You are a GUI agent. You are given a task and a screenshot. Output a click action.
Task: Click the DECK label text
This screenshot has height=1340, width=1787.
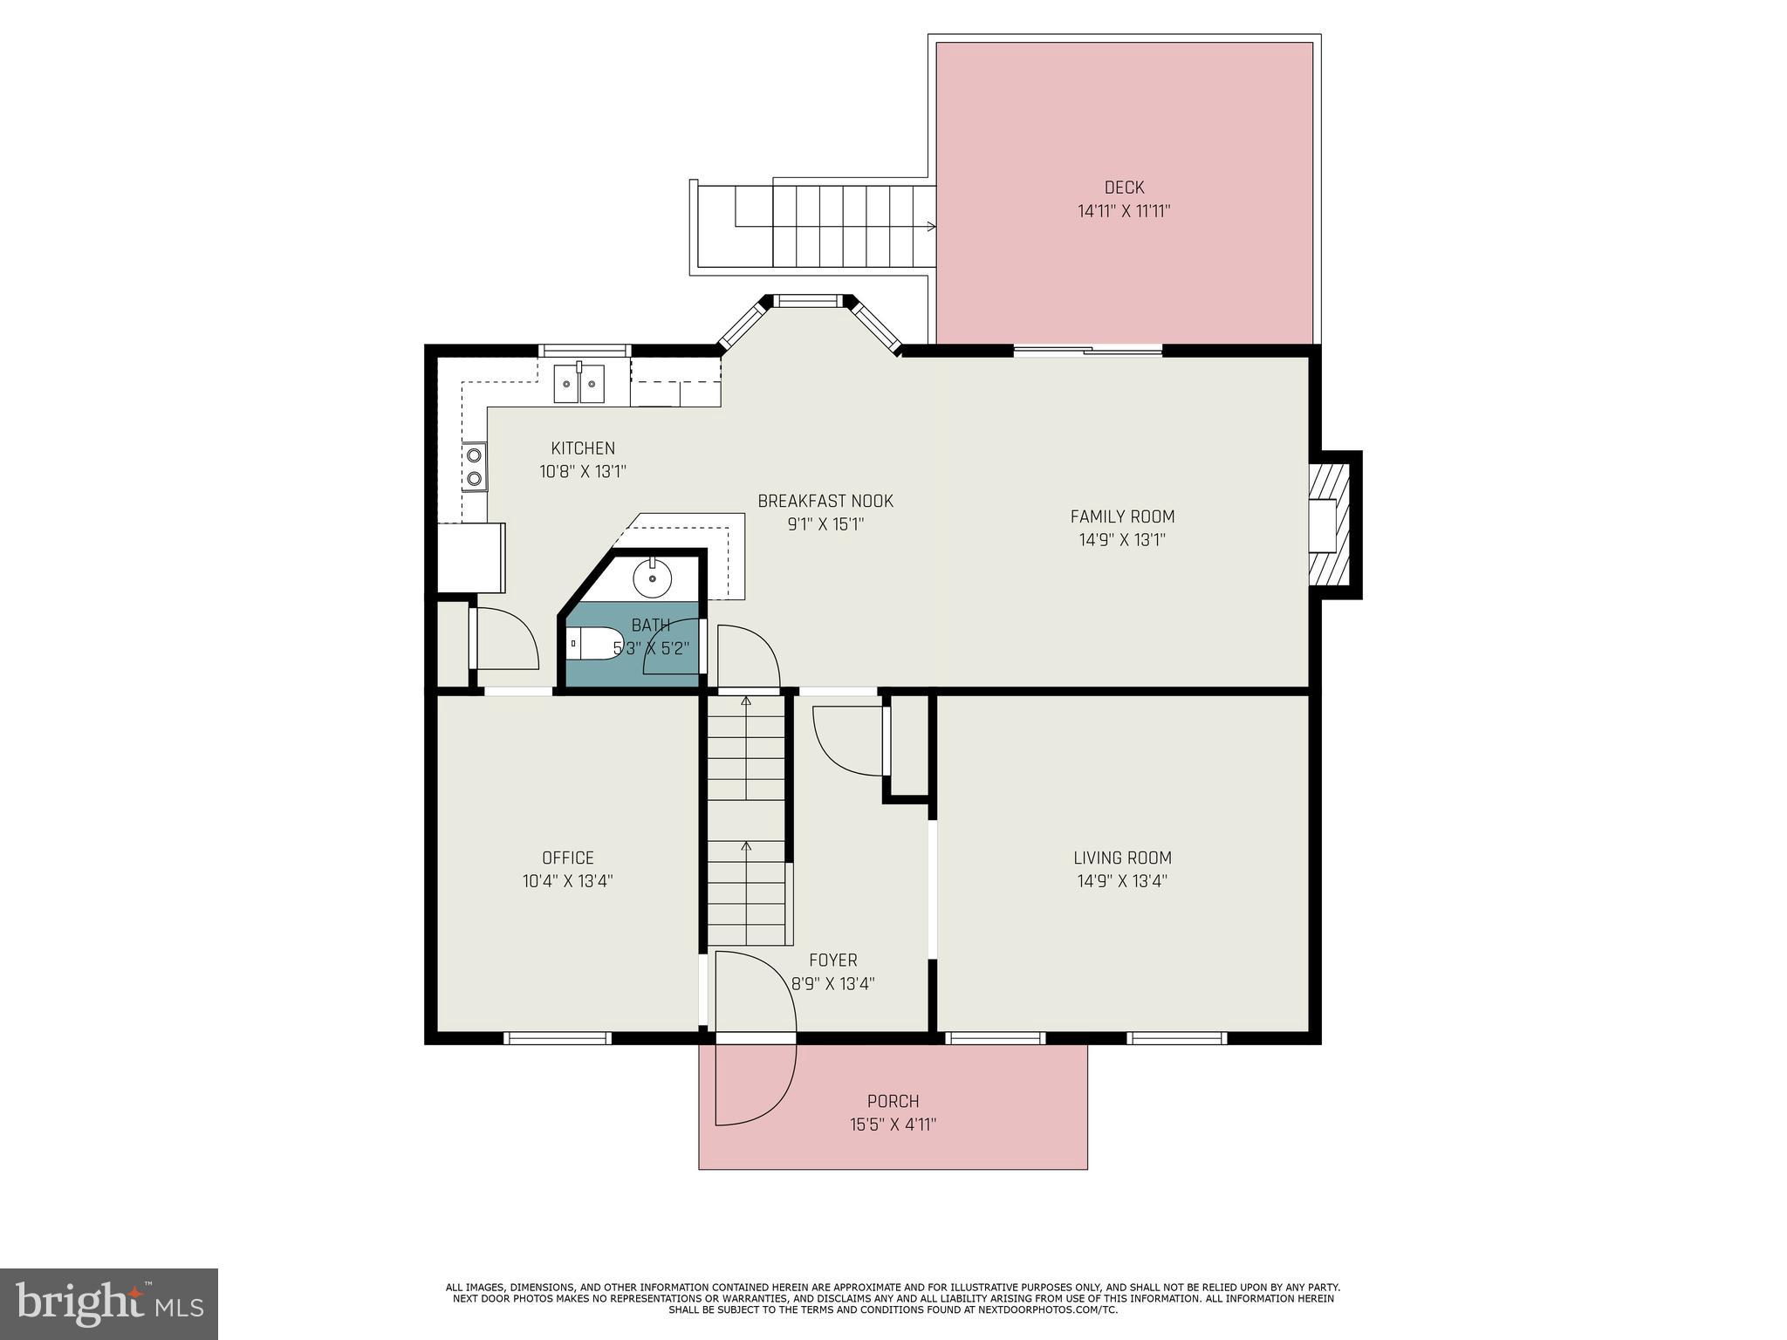(1124, 188)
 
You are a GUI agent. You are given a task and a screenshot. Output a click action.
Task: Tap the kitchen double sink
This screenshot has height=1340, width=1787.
(579, 384)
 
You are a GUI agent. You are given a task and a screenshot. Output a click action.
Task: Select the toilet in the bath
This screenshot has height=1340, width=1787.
(593, 645)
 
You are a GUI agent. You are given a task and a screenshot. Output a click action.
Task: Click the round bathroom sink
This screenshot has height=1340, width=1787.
(652, 577)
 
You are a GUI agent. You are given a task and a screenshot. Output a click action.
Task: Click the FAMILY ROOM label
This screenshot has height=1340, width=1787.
(1122, 516)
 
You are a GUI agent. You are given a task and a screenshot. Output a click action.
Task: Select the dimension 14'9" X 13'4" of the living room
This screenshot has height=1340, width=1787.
(1122, 881)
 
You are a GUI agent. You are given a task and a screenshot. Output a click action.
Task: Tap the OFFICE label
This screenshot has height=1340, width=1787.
(568, 858)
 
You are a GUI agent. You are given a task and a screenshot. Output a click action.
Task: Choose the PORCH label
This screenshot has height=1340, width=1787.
(893, 1101)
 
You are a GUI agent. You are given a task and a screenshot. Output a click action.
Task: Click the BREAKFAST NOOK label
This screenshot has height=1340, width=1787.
(825, 502)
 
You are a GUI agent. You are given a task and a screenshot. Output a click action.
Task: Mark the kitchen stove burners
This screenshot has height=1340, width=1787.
(475, 466)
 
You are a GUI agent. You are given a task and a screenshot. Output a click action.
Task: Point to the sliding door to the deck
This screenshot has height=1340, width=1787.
(1087, 351)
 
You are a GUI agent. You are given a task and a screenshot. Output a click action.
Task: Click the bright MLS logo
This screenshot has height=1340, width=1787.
(109, 1304)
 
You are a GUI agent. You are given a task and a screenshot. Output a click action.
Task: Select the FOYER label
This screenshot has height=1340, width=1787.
(832, 961)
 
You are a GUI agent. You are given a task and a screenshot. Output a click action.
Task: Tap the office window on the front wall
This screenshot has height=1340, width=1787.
(558, 1037)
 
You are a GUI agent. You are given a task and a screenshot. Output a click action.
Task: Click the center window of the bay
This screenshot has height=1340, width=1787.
(807, 302)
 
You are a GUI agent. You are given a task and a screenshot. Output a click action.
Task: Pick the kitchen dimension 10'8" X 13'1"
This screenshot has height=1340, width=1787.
(583, 472)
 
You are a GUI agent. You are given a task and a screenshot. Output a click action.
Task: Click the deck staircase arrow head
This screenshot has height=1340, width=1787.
(932, 227)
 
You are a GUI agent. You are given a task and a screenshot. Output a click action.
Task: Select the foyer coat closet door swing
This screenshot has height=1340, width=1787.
(846, 740)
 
